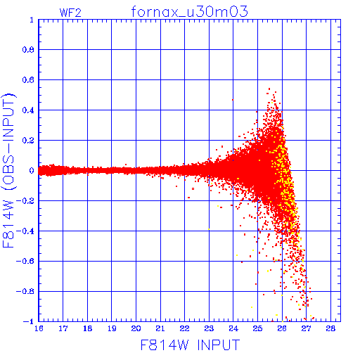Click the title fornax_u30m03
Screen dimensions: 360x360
click(x=189, y=12)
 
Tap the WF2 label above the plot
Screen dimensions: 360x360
click(x=70, y=13)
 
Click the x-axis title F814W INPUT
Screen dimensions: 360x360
click(x=190, y=345)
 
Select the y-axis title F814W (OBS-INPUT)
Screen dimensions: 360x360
click(x=8, y=170)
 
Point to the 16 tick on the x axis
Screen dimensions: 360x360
click(x=39, y=328)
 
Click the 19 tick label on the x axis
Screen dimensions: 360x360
click(x=112, y=328)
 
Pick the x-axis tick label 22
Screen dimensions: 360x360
click(x=184, y=328)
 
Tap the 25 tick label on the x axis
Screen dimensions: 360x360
click(x=257, y=328)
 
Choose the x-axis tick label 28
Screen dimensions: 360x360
click(x=330, y=328)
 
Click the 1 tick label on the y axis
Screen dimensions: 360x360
click(x=32, y=20)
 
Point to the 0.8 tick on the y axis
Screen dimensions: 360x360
click(x=28, y=50)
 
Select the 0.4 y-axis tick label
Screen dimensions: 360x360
click(x=28, y=110)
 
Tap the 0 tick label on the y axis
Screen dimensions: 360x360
click(x=32, y=171)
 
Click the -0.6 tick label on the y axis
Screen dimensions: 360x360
click(x=25, y=261)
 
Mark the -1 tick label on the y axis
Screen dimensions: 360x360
click(x=29, y=321)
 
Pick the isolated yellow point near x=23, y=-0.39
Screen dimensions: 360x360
click(x=209, y=229)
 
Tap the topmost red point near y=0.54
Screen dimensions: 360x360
click(x=269, y=89)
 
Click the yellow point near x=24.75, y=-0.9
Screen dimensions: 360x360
click(x=252, y=307)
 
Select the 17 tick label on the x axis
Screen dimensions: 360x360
click(x=63, y=328)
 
